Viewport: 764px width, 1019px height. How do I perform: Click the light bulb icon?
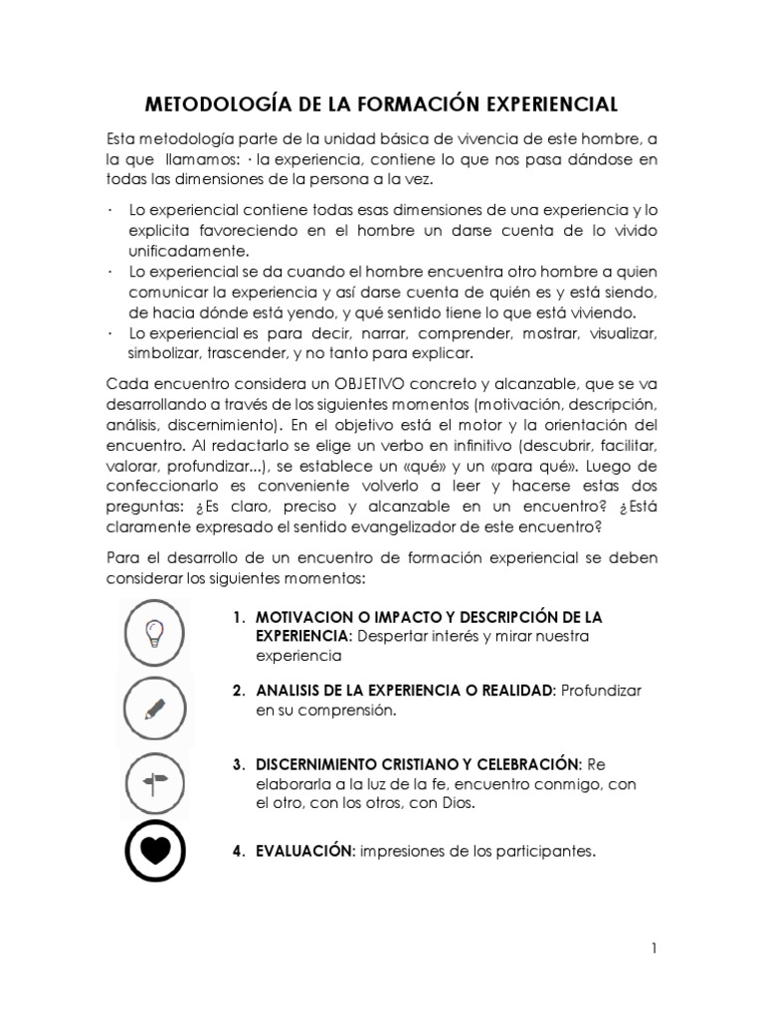[154, 632]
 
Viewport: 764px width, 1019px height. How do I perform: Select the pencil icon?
[154, 709]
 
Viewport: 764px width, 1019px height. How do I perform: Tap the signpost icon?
[155, 783]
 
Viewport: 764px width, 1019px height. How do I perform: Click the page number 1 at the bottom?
[654, 947]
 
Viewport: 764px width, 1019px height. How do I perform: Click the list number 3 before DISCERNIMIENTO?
[239, 765]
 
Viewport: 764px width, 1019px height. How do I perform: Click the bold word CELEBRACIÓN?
[525, 765]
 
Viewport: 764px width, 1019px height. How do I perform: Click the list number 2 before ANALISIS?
[239, 691]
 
